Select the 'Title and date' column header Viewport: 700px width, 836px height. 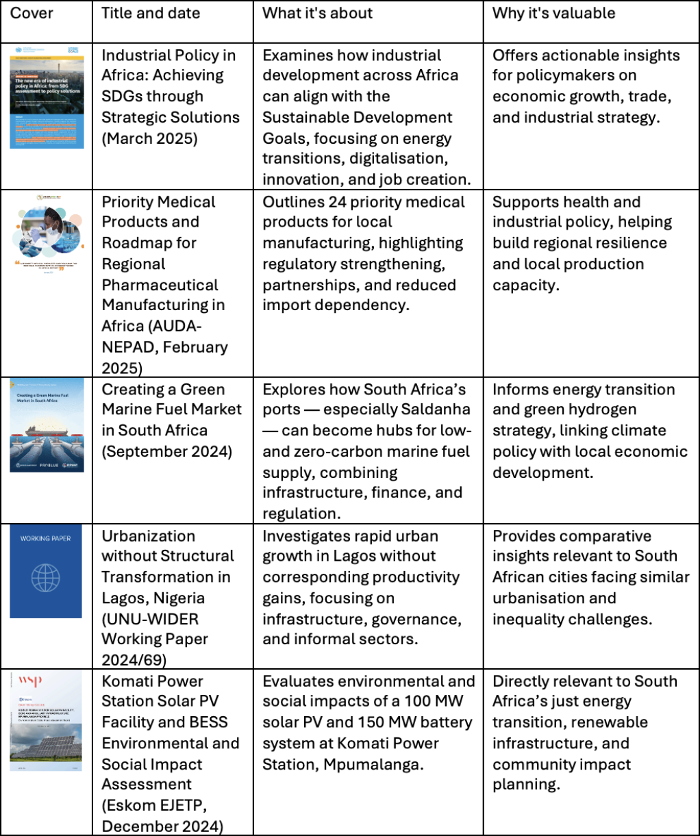click(151, 14)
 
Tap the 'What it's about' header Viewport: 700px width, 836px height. click(317, 14)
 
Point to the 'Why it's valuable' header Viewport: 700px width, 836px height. click(553, 14)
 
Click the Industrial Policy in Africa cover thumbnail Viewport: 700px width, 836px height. click(47, 96)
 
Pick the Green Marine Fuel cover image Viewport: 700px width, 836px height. click(47, 425)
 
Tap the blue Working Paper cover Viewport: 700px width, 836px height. click(46, 571)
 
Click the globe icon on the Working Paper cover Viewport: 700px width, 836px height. click(46, 579)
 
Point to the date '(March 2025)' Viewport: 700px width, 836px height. click(149, 138)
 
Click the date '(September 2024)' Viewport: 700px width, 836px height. click(168, 452)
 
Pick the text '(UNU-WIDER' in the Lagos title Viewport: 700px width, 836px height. click(150, 619)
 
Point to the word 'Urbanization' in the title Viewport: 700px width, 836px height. click(148, 536)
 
